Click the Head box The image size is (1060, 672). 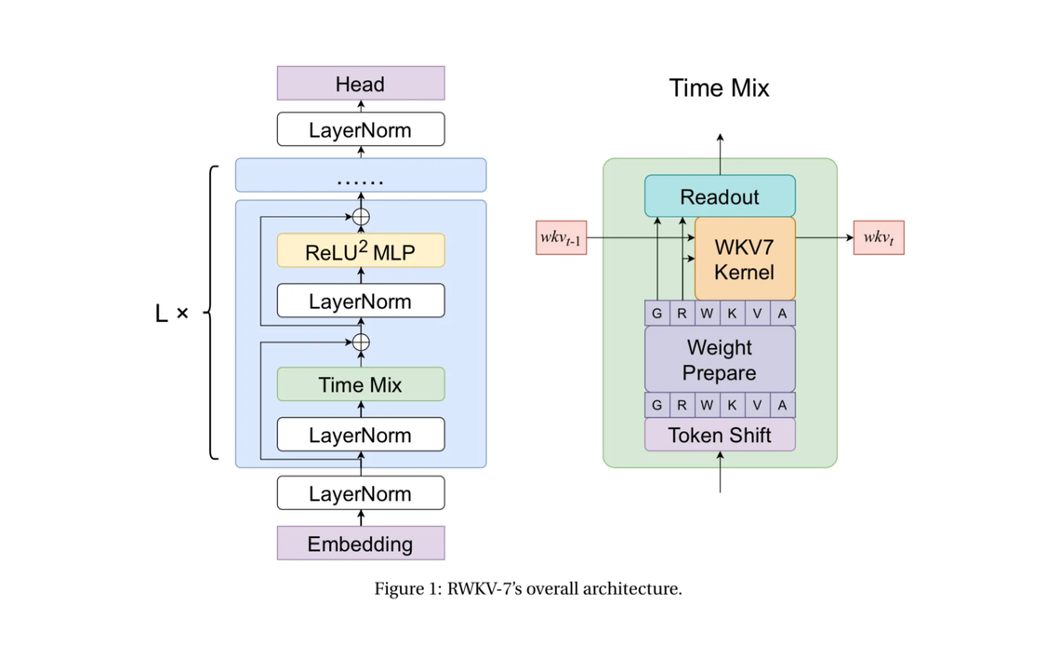[361, 84]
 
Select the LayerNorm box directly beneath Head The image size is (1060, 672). [361, 129]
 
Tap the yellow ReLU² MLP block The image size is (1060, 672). [361, 250]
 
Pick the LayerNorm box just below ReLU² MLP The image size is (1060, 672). [361, 301]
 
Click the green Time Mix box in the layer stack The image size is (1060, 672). [361, 384]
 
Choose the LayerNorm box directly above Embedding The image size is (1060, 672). [361, 493]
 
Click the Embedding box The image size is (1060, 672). [361, 544]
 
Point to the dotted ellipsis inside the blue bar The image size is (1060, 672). [361, 180]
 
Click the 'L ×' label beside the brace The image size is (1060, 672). [171, 314]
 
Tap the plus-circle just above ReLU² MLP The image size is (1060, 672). [362, 217]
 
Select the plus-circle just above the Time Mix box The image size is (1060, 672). [362, 343]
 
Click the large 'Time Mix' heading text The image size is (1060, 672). [719, 88]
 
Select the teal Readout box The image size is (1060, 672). [720, 196]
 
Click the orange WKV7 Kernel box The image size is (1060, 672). [744, 260]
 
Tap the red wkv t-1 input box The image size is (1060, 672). [561, 237]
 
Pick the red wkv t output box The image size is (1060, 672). [878, 237]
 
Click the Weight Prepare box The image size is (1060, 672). [720, 359]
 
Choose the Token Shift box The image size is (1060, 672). [720, 435]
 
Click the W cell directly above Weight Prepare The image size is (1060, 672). [707, 314]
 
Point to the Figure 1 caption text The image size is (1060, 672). [528, 589]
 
